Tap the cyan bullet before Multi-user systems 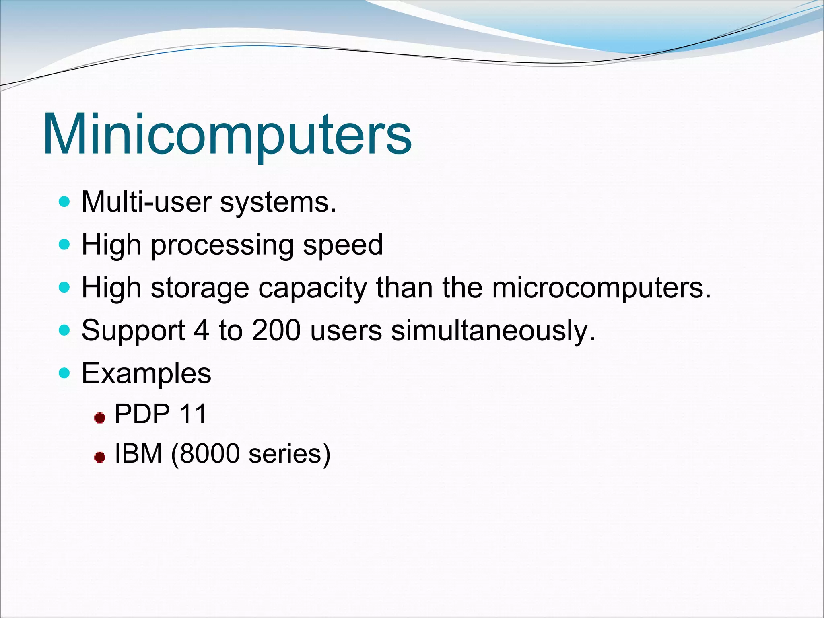click(64, 201)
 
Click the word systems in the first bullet click(278, 202)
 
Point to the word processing click(222, 245)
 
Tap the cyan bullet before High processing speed click(64, 244)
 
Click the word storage click(200, 288)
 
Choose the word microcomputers click(602, 288)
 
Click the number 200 click(276, 330)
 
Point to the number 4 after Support click(202, 330)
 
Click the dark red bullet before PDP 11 click(99, 418)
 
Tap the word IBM click(138, 453)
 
